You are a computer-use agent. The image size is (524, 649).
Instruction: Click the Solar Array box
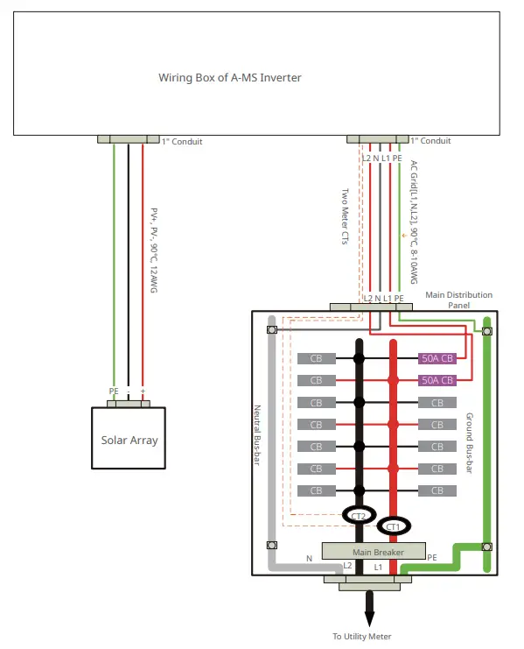129,439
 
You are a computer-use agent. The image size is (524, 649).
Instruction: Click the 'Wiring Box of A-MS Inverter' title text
230,77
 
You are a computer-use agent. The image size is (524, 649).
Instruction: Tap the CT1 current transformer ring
393,527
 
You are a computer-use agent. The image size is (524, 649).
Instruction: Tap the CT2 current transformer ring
358,516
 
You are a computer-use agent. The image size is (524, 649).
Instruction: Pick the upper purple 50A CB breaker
437,358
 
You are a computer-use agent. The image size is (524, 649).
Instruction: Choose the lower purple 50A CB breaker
437,380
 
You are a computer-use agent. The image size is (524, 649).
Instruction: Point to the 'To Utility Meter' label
362,637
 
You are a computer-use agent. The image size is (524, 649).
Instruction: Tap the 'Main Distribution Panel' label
458,300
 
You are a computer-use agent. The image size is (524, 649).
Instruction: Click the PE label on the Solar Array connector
114,391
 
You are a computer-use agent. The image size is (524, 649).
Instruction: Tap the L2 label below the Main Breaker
347,566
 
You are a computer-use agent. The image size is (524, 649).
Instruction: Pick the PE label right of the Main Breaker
431,557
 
